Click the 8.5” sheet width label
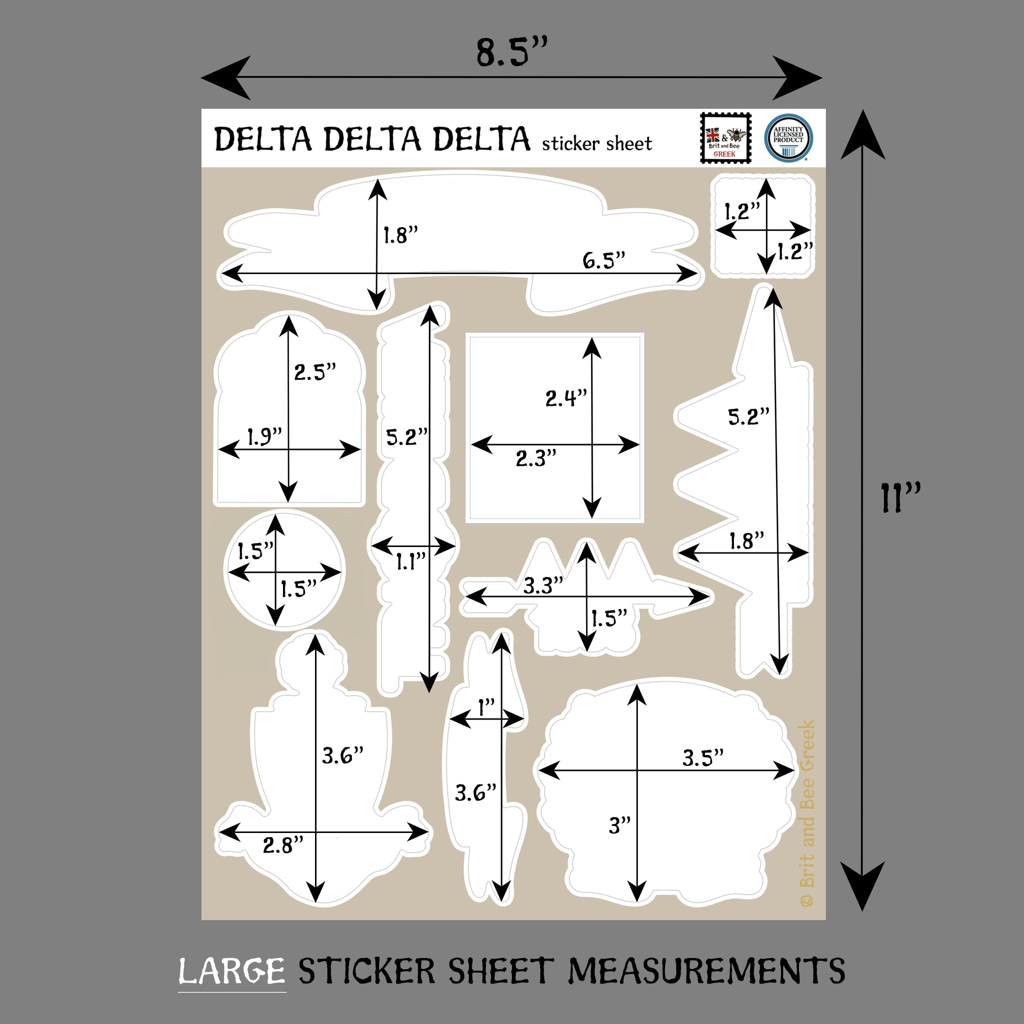(511, 52)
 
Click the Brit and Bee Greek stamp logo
(725, 138)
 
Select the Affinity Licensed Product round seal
(788, 138)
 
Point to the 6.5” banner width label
(603, 259)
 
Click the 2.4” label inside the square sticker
(566, 397)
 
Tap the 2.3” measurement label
(536, 458)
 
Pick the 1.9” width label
(264, 436)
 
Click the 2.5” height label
(315, 371)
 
